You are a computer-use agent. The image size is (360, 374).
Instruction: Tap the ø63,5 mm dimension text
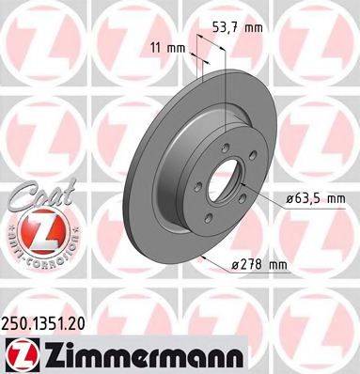coord(315,198)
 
